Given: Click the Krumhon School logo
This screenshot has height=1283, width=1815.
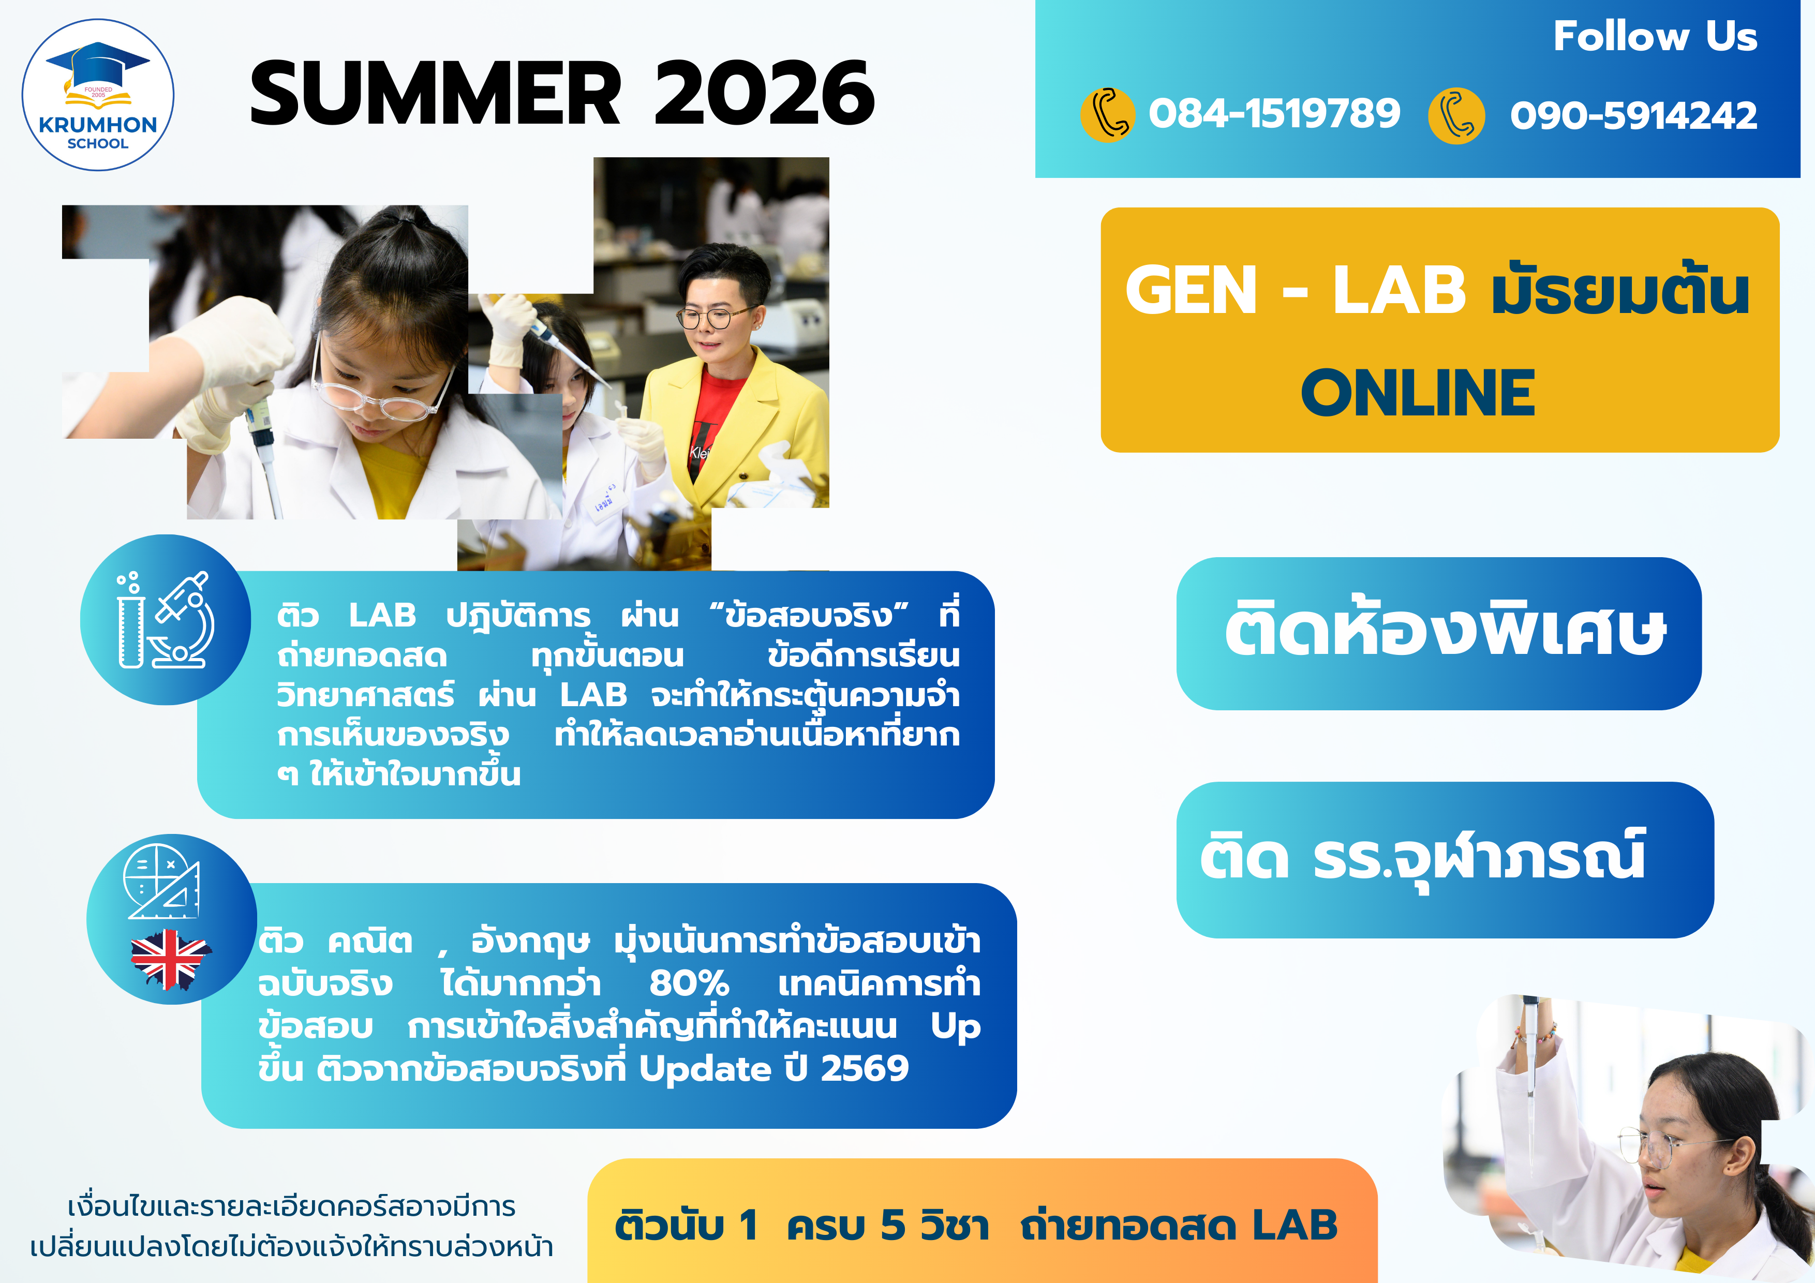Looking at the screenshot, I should point(97,95).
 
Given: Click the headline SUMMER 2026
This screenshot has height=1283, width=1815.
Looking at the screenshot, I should point(562,93).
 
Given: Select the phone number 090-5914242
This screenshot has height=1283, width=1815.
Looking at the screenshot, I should point(1633,115).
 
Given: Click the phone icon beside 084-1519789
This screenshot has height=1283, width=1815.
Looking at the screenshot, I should point(1108,115).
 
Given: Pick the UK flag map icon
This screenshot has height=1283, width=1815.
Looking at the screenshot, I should point(170,959).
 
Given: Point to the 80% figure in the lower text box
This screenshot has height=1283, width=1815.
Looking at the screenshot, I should point(689,984).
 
